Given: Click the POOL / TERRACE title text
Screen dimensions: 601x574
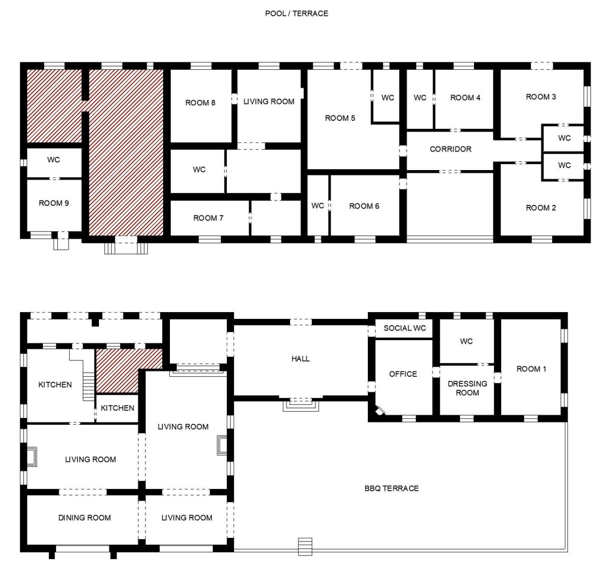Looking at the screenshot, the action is click(296, 14).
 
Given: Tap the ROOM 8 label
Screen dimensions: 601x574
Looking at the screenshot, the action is click(200, 102).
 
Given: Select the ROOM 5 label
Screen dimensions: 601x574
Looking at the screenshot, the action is click(340, 118).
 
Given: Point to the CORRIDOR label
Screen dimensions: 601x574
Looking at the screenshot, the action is click(450, 149).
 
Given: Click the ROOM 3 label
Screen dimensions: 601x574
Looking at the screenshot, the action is click(541, 97).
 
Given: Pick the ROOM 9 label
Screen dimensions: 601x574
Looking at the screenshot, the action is click(54, 203).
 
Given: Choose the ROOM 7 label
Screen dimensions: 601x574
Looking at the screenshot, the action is click(208, 218).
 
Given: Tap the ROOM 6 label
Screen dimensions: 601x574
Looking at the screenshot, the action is click(364, 206).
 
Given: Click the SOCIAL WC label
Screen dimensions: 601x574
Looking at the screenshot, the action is click(405, 328).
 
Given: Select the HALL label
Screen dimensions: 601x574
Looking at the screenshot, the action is click(301, 358).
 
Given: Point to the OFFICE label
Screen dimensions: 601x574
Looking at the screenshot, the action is click(403, 374).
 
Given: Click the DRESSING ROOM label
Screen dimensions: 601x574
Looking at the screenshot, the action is click(467, 388).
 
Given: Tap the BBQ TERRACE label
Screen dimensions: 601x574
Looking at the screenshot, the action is click(392, 488).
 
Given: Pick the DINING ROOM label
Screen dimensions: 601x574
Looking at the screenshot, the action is click(85, 518).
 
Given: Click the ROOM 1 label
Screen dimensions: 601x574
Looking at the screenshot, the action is click(531, 369).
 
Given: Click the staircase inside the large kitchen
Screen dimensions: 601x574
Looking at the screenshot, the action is click(89, 386).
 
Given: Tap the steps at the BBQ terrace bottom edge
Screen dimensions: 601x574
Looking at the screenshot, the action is click(305, 547).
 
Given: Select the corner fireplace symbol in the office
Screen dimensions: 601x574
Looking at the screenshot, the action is click(380, 410).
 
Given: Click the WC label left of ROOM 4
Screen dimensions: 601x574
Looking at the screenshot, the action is click(420, 98).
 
